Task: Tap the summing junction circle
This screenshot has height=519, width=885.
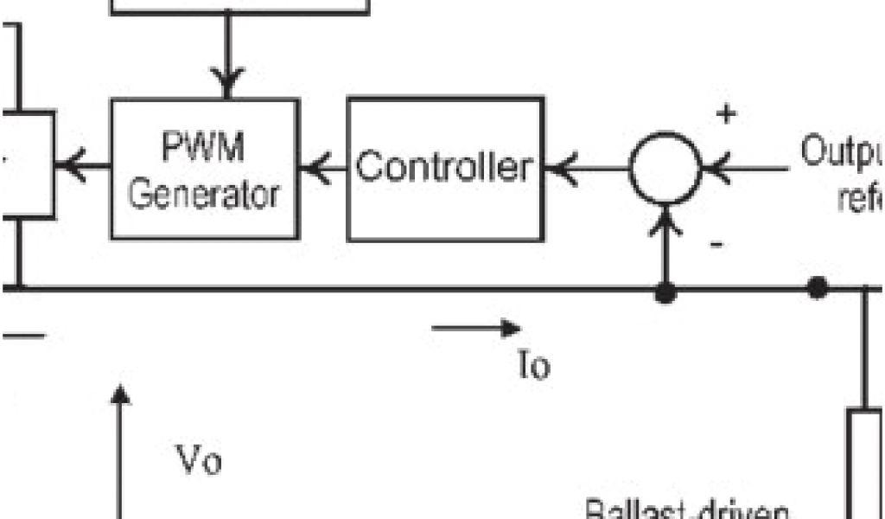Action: tap(664, 169)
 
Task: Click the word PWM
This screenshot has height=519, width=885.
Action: tap(203, 149)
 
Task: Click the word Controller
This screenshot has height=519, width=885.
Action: tap(444, 166)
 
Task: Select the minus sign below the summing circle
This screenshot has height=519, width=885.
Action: tap(716, 245)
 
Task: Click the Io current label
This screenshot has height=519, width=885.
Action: tap(533, 366)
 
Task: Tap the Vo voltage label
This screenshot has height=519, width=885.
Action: tap(199, 461)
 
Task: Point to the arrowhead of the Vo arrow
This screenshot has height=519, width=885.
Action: tap(121, 394)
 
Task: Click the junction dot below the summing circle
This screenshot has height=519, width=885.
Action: tap(665, 294)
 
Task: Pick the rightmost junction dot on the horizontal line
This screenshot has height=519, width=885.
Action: tap(816, 288)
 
